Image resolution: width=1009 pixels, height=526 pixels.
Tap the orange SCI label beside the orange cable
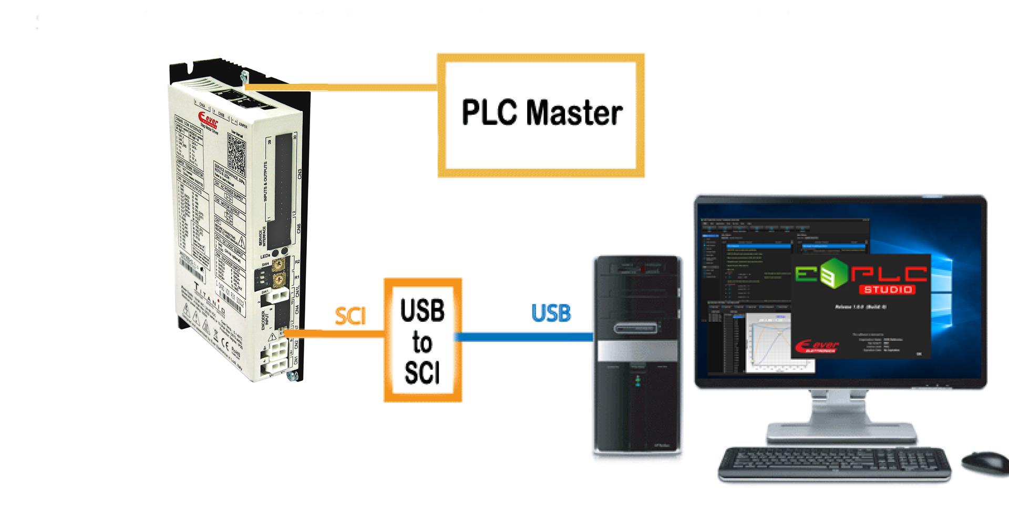click(x=350, y=315)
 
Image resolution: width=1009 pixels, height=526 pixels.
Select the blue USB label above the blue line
click(x=551, y=313)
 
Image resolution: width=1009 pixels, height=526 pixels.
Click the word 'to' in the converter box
click(x=422, y=342)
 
